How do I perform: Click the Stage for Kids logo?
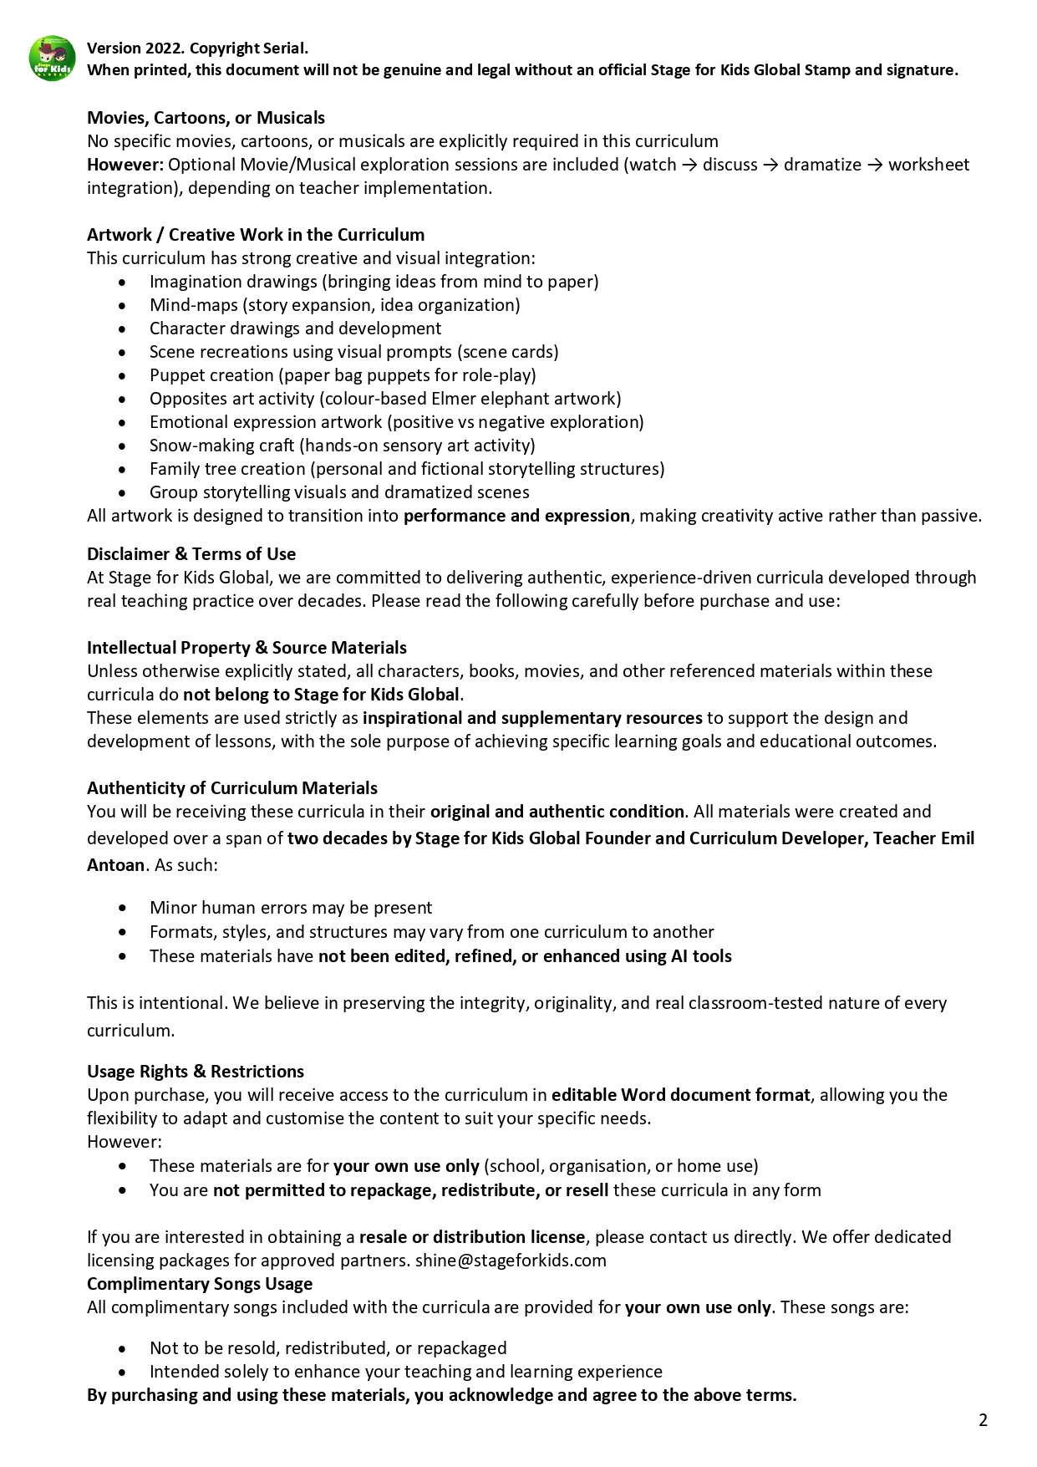point(52,59)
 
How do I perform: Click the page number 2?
point(983,1420)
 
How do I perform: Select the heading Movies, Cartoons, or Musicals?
point(206,118)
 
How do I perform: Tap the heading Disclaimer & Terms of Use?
point(191,554)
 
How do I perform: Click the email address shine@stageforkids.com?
point(511,1261)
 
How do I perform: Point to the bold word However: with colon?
point(125,165)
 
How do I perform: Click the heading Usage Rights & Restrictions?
point(196,1072)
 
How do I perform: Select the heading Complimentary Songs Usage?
point(200,1284)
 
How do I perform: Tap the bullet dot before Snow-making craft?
point(123,446)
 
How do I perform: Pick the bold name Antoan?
point(116,865)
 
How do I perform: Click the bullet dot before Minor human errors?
point(123,908)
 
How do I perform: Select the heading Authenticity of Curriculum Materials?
point(232,788)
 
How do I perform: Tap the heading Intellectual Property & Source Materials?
point(247,648)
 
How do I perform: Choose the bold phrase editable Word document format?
point(680,1095)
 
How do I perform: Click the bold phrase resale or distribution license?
point(472,1237)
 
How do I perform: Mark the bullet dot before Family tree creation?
point(123,470)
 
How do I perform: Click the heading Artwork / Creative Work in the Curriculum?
point(256,235)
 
